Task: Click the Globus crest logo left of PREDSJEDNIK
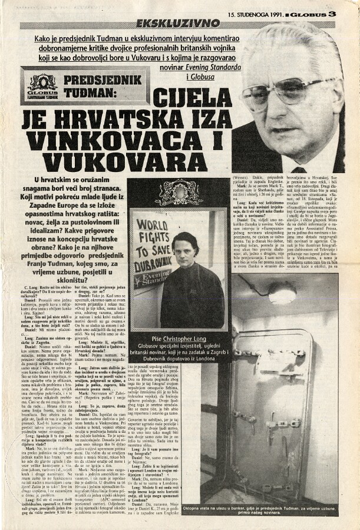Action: (x=42, y=86)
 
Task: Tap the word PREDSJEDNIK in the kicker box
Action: (x=103, y=80)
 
